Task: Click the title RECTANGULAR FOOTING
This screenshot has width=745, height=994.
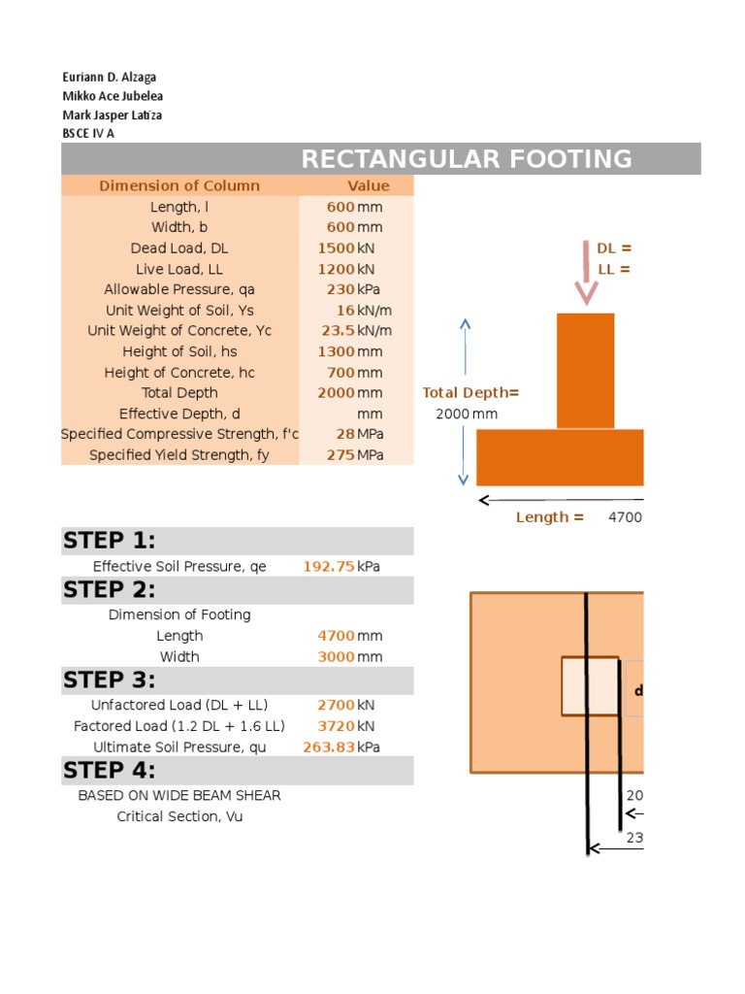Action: [467, 159]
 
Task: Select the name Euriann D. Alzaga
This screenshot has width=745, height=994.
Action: [109, 77]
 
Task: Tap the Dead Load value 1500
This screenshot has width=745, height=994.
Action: [336, 248]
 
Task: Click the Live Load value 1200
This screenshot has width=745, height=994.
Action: [336, 269]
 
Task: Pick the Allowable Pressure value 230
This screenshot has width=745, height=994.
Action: [340, 289]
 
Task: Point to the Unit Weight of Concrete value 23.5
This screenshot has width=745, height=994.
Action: [338, 331]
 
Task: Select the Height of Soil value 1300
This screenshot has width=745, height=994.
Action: [336, 351]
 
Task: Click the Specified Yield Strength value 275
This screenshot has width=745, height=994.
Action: [340, 454]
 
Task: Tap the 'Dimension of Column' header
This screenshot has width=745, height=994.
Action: [179, 186]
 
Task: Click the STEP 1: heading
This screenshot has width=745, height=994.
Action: [110, 541]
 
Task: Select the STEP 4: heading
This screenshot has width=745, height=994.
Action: [110, 771]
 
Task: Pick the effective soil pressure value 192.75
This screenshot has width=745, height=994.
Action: [329, 566]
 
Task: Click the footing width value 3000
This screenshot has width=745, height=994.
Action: [336, 657]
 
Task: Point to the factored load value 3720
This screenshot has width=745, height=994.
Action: [336, 726]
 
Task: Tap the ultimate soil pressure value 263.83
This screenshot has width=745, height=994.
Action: [329, 747]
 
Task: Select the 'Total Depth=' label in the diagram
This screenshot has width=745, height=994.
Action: [470, 393]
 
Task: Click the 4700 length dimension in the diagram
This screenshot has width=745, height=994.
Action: [625, 517]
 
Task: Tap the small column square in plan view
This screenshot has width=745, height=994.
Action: [590, 686]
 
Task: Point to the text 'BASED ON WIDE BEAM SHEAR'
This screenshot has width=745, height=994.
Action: [179, 795]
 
